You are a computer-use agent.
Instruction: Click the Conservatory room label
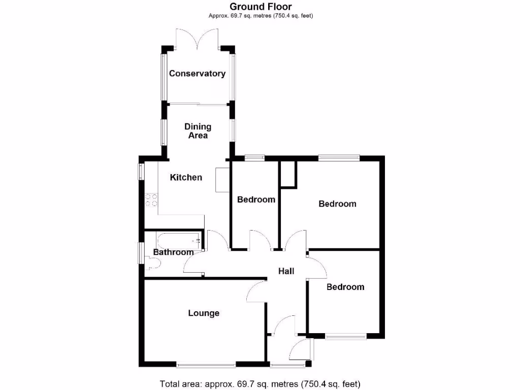(197, 74)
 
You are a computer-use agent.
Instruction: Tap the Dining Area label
(198, 131)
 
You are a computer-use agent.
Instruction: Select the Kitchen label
(186, 177)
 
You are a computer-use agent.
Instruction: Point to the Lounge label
(204, 313)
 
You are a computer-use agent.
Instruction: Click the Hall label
(286, 271)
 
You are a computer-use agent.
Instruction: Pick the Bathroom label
(173, 252)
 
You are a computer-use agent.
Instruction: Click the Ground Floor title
(261, 7)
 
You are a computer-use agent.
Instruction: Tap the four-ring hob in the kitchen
(151, 200)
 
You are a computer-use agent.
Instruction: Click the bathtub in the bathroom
(178, 239)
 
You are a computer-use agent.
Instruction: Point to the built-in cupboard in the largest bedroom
(288, 175)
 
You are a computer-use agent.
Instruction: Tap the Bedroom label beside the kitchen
(256, 200)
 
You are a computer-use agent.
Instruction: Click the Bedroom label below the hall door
(345, 287)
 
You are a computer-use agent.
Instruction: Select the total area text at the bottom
(260, 383)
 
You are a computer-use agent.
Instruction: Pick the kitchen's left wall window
(142, 171)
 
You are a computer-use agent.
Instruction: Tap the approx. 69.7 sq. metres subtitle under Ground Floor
(261, 16)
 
